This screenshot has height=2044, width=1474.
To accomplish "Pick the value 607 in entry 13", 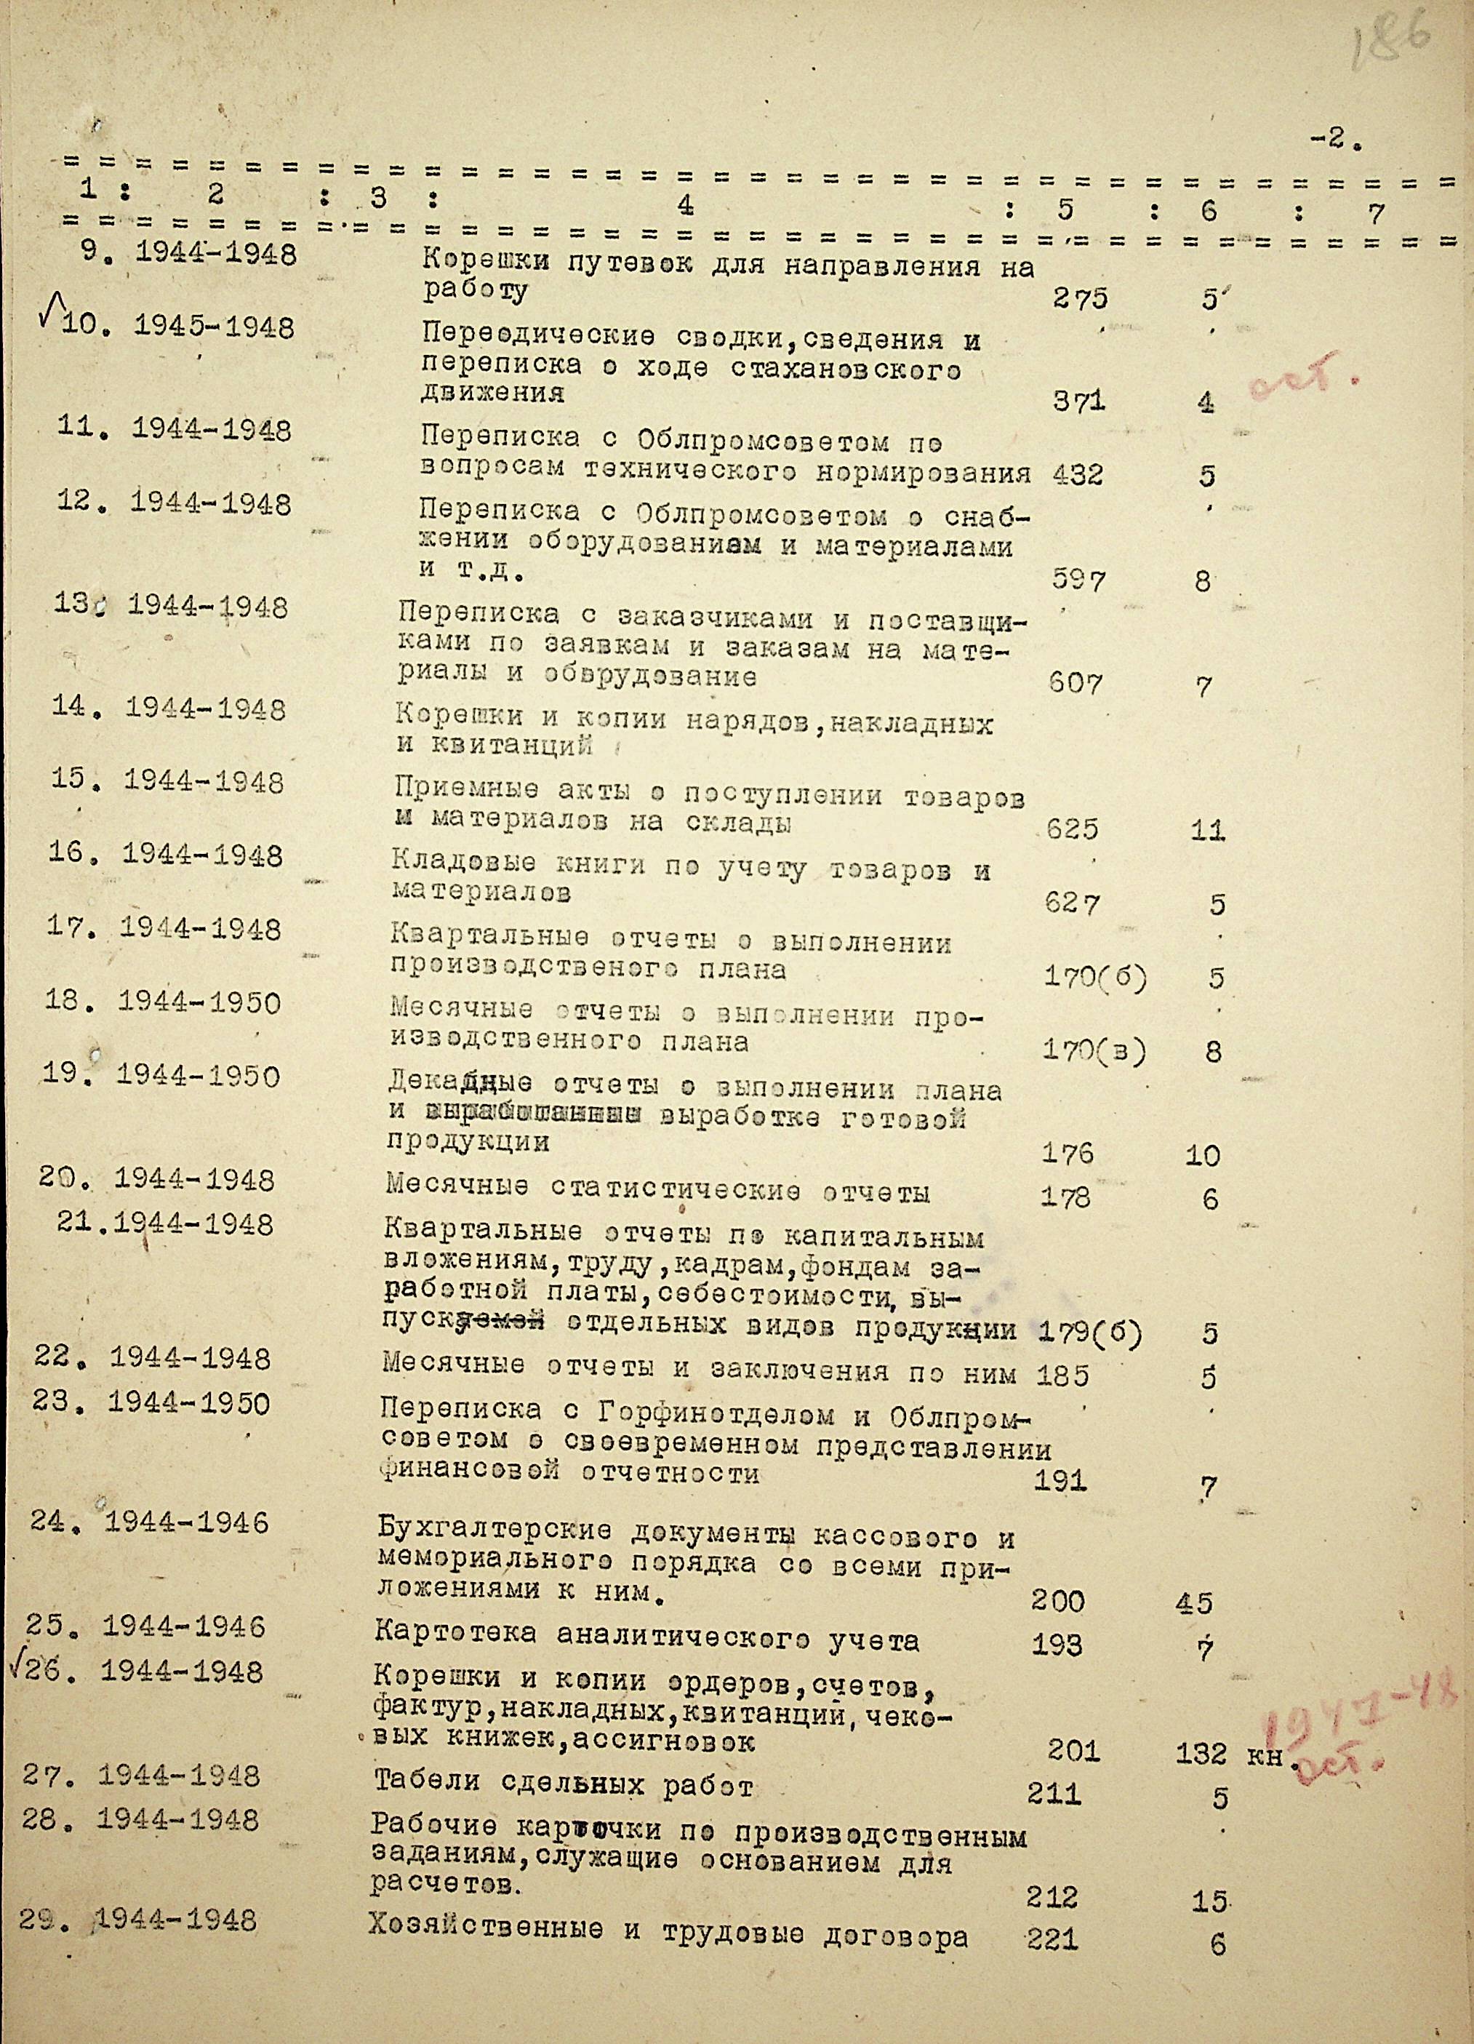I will (1075, 683).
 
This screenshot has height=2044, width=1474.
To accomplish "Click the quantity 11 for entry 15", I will (1206, 829).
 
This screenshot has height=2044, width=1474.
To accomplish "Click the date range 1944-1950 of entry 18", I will (199, 1003).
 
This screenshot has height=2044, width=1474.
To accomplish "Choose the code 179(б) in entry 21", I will (1089, 1332).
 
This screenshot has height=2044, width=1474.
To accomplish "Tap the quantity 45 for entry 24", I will (1194, 1602).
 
